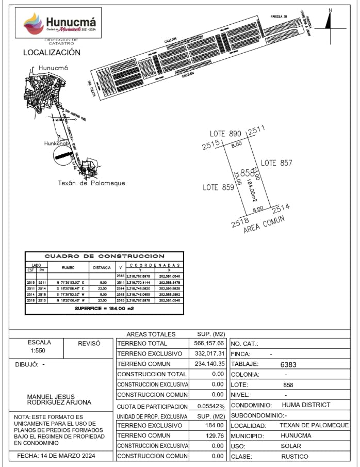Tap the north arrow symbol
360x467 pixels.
coord(328,21)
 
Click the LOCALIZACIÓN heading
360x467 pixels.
coord(52,53)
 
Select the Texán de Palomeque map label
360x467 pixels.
coord(91,183)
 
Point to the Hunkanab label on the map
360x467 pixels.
coord(57,143)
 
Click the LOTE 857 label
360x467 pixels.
coord(276,163)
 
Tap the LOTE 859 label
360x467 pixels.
coord(218,187)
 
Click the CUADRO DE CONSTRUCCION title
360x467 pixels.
coord(105,256)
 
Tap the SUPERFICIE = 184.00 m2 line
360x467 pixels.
coord(105,308)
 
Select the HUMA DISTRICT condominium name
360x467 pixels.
coord(306,405)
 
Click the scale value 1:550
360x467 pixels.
coord(38,351)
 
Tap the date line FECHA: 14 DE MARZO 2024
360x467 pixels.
coord(57,456)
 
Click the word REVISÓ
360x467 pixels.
coord(88,343)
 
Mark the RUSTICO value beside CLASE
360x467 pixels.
coord(294,456)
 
